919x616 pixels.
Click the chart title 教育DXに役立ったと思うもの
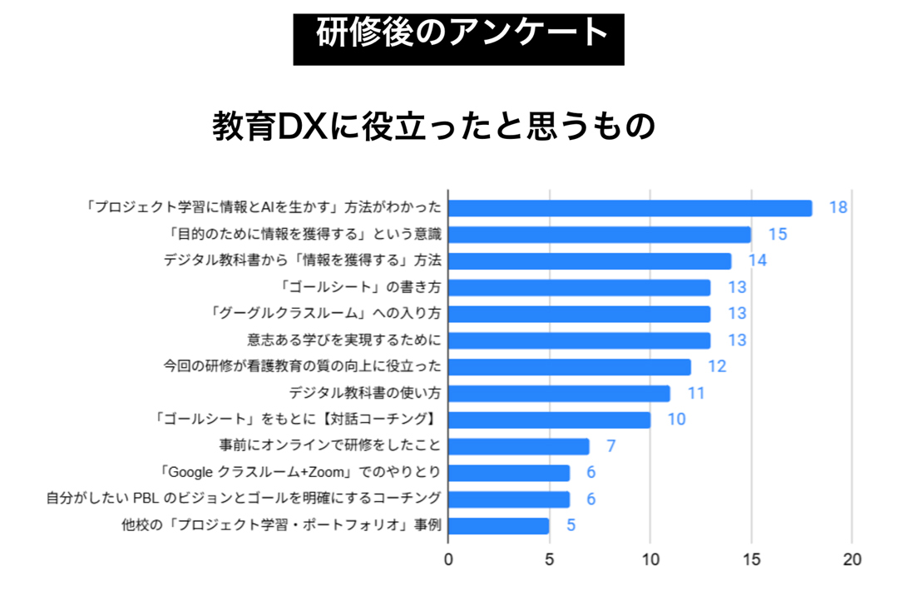pos(434,127)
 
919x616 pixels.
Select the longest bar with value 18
pos(630,208)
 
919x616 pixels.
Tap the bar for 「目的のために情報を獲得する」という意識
pos(600,235)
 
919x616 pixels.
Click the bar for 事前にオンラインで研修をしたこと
pos(519,446)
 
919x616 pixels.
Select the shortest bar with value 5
pos(499,526)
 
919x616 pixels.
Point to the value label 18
pos(837,208)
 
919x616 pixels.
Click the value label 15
pos(777,235)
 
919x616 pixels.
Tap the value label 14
pos(757,261)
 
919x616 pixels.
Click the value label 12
pos(717,367)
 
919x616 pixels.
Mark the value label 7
pos(610,446)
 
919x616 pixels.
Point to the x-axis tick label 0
pos(448,559)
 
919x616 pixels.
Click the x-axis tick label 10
pos(650,559)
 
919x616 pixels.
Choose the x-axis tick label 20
pos(852,559)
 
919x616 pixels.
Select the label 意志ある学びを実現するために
pos(343,340)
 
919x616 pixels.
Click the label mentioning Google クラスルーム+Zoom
pos(303,473)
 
